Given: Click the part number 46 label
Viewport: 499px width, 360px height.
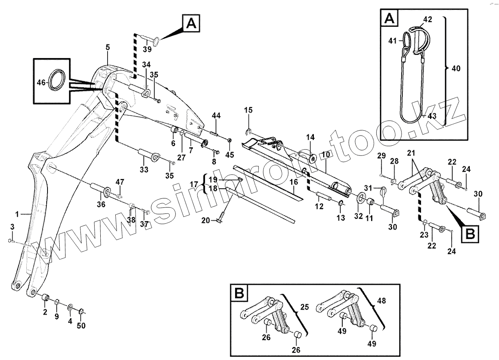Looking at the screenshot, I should pos(41,82).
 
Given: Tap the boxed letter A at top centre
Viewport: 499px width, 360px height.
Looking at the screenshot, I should pos(191,24).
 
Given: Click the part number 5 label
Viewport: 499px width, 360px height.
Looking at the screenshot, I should pos(107,47).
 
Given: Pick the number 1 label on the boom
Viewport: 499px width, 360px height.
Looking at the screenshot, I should pos(17,213).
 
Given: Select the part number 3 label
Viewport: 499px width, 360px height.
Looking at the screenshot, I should pos(12,226).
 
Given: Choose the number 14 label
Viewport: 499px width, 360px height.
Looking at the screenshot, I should pos(310,137).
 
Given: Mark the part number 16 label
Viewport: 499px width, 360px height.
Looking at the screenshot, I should pos(294,182).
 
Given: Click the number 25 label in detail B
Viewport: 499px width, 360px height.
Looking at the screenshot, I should pos(305,307).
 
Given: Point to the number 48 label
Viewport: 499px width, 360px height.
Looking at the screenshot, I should pos(382,301).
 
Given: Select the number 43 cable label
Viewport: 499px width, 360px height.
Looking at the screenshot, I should pos(432,116).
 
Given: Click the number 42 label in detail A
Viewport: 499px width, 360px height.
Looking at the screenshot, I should pos(428,19).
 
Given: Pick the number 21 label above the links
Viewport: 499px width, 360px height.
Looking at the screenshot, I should pos(411,153).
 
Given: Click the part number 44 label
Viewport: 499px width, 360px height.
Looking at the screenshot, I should pos(216,116).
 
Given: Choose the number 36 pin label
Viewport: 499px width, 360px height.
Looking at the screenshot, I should pos(101,205).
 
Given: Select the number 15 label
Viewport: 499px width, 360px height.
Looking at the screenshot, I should pos(248,110).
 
